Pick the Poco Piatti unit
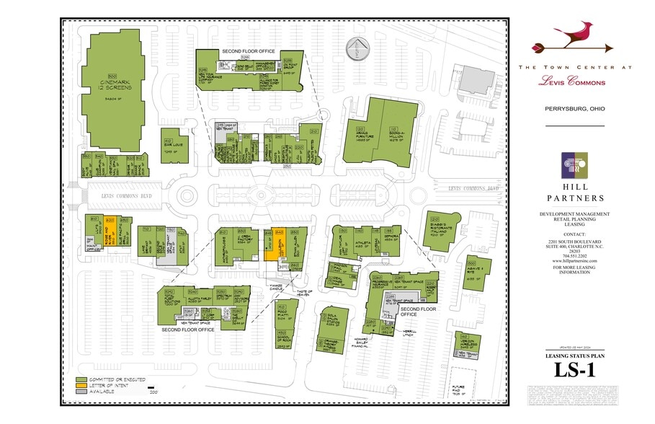click(283, 315)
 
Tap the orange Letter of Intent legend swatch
click(81, 385)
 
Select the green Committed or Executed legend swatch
click(81, 379)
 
